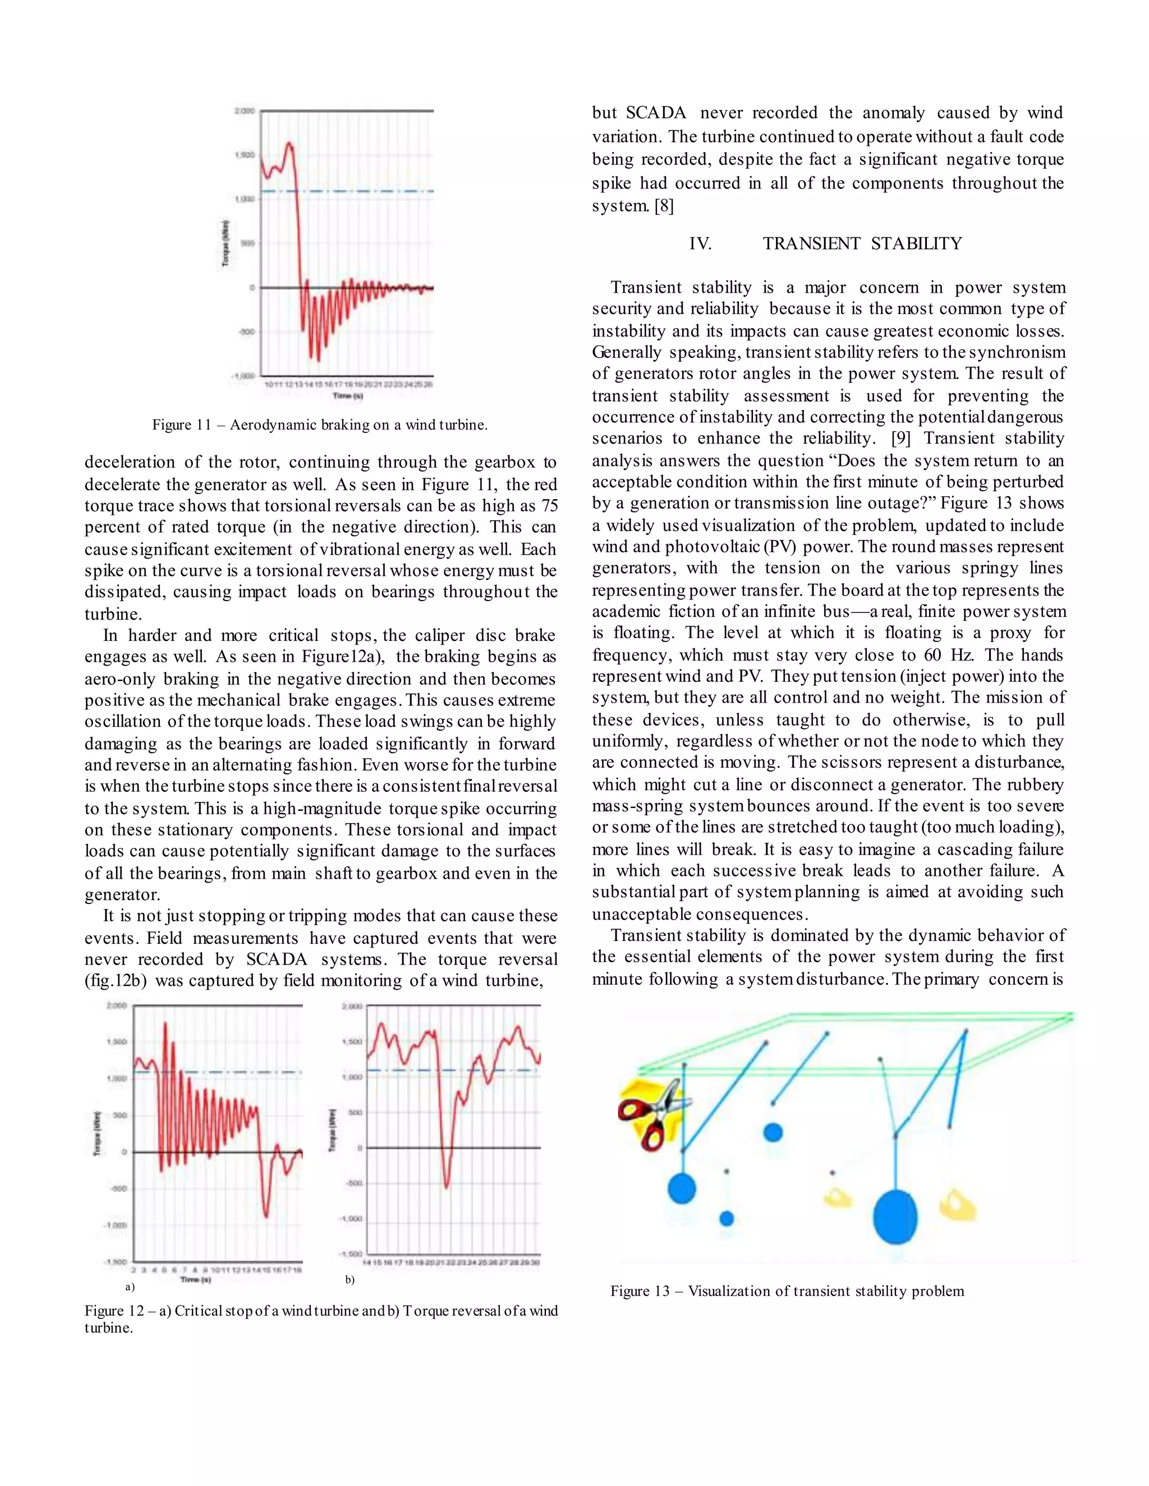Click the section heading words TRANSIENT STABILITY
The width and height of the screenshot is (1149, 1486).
tap(862, 243)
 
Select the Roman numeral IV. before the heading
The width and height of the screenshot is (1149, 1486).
tap(700, 243)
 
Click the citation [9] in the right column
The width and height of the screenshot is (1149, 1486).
tap(900, 438)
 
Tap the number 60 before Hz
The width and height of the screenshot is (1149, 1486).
tap(932, 654)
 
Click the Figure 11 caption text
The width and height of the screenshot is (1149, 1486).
tap(320, 425)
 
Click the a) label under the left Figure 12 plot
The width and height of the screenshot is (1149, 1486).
tap(130, 1287)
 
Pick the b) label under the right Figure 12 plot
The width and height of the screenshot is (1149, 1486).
tap(350, 1280)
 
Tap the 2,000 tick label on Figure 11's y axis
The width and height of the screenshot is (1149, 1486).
tap(245, 111)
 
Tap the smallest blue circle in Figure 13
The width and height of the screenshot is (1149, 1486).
tap(727, 1219)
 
